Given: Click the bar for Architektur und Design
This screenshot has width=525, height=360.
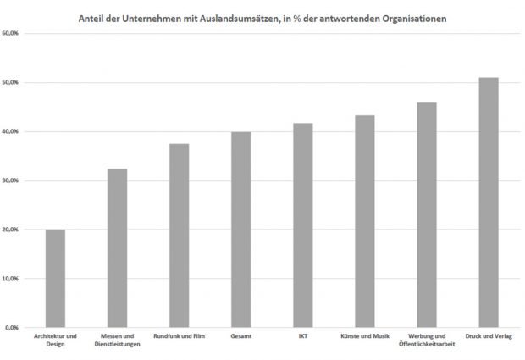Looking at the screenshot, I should tap(55, 278).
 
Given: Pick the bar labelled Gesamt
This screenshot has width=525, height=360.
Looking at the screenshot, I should tap(240, 229).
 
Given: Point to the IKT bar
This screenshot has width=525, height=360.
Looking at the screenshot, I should tap(302, 224).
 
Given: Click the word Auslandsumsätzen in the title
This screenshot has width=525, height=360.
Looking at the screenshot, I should tap(244, 16).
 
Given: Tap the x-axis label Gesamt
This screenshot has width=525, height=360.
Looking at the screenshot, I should tap(240, 336).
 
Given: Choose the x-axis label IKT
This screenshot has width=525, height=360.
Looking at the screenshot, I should tap(302, 336).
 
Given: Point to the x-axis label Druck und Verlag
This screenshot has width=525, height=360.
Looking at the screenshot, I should tap(489, 336).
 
